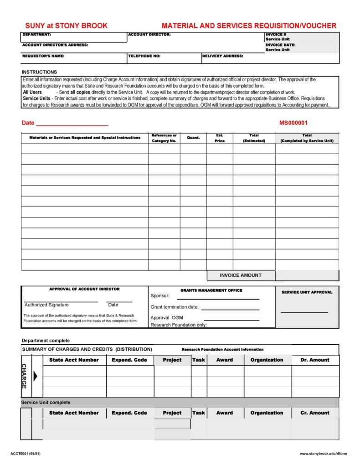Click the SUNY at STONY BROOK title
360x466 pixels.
pos(66,26)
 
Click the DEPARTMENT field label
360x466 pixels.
pos(37,35)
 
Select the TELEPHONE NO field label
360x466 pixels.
pos(144,56)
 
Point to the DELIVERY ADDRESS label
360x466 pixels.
pos(223,56)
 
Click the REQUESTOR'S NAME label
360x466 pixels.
pos(43,56)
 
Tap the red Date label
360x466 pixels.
pos(28,124)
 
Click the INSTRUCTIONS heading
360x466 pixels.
pos(39,72)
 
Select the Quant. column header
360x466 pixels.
pos(193,138)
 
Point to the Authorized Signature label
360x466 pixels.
pos(46,305)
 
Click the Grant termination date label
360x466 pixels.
pos(175,307)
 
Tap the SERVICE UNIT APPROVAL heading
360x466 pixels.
pos(307,292)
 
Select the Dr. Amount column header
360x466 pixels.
pos(315,360)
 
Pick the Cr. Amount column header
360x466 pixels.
pos(315,413)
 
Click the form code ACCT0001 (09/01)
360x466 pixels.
pos(29,454)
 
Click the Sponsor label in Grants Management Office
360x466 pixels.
pos(160,296)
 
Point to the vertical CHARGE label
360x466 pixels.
pos(24,376)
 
